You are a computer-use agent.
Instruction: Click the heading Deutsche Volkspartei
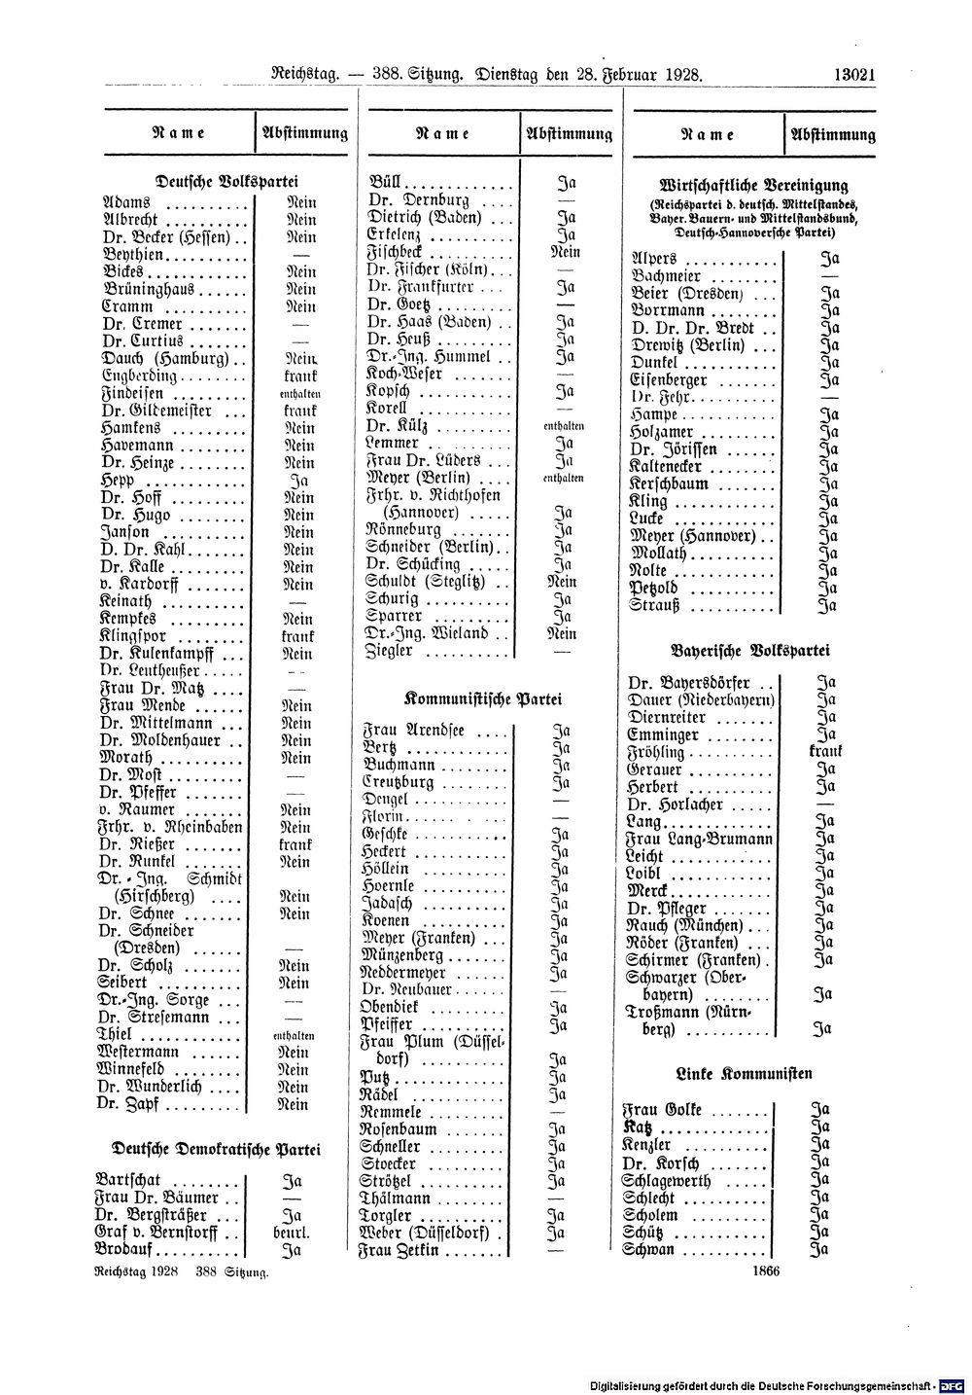point(213,180)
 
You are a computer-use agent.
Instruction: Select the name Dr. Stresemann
point(155,1018)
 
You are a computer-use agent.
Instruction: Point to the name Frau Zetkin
point(401,1250)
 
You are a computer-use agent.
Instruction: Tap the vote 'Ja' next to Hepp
point(299,481)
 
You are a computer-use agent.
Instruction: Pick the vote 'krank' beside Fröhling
point(824,752)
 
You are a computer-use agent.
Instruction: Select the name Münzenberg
point(402,956)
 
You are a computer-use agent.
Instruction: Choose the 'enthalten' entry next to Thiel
point(294,1036)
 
